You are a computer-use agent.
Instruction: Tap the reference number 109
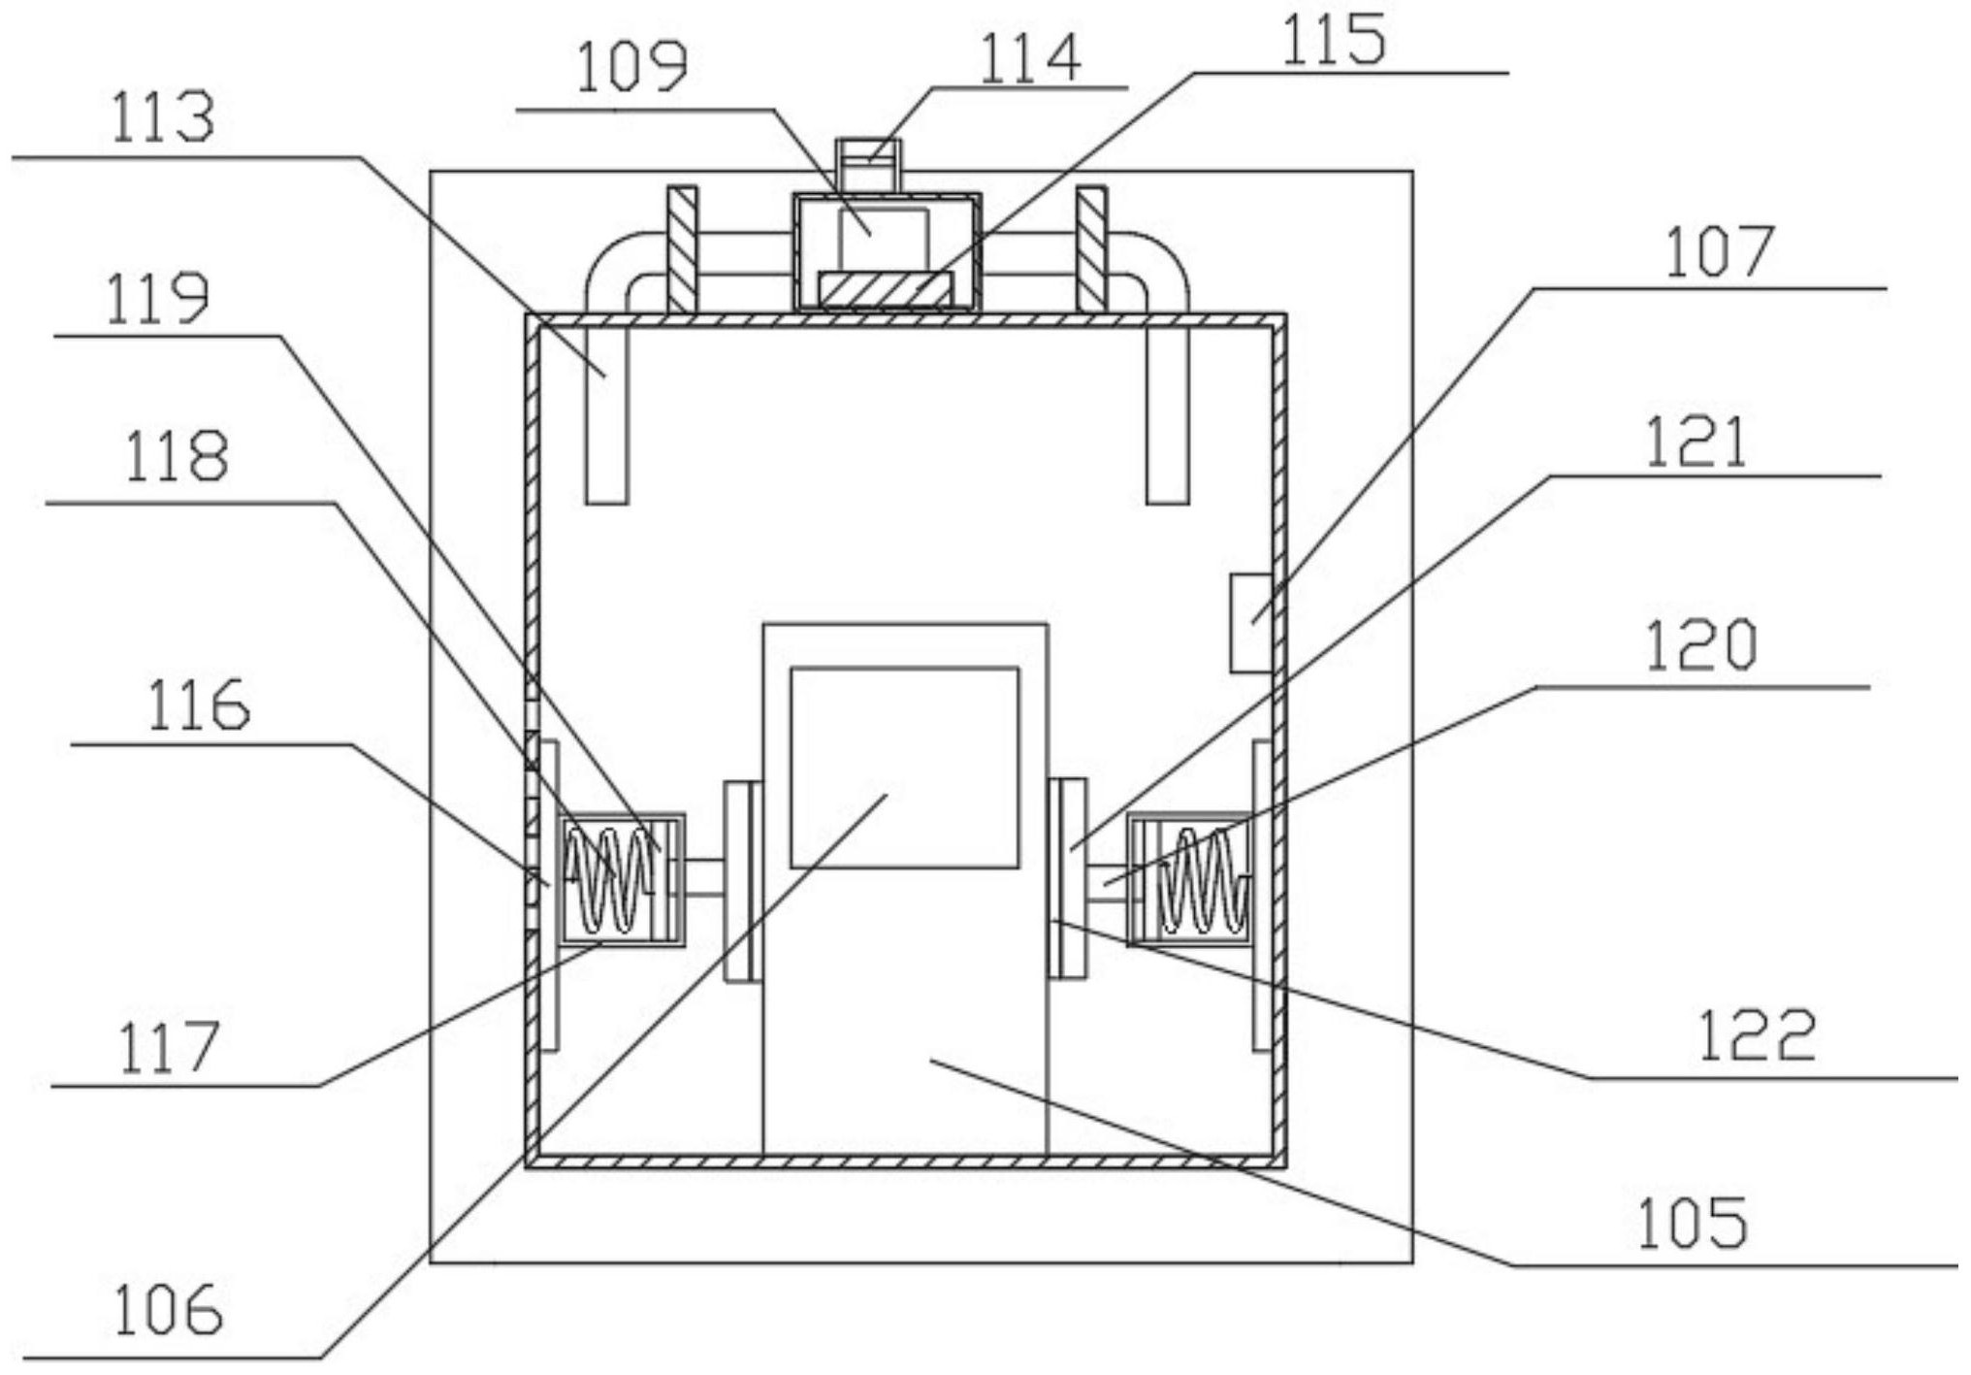pyautogui.click(x=631, y=68)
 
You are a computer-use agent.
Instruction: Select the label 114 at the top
pyautogui.click(x=1030, y=58)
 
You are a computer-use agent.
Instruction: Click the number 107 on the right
pyautogui.click(x=1718, y=253)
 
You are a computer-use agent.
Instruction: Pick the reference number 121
pyautogui.click(x=1696, y=442)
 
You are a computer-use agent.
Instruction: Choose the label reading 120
pyautogui.click(x=1701, y=645)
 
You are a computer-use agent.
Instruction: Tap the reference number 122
pyautogui.click(x=1758, y=1035)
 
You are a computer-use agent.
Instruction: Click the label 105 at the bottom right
pyautogui.click(x=1693, y=1224)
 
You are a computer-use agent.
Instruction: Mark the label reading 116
pyautogui.click(x=198, y=705)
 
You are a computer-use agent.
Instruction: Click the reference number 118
pyautogui.click(x=177, y=457)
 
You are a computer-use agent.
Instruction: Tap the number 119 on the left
pyautogui.click(x=156, y=300)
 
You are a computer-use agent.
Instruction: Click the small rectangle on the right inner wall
pyautogui.click(x=1251, y=623)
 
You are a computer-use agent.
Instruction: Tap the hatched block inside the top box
pyautogui.click(x=886, y=290)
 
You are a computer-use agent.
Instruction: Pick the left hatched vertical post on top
pyautogui.click(x=682, y=249)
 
